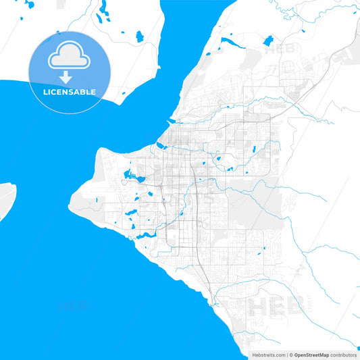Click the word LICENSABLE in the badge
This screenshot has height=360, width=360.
(70, 92)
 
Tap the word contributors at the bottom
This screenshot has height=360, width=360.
(344, 355)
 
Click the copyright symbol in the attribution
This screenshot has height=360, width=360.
(291, 355)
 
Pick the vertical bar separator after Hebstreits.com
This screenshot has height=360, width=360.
(286, 355)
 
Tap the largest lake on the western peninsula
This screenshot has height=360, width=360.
(129, 178)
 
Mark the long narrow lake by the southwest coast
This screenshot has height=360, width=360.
(145, 236)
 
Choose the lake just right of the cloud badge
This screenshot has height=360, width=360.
(139, 36)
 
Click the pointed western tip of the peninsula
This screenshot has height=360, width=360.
(70, 200)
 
